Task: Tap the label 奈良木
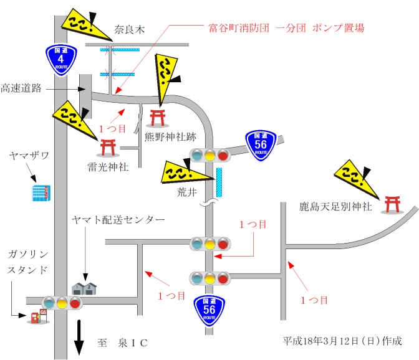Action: point(130,29)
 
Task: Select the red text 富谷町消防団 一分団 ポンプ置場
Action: point(286,28)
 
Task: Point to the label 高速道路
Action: point(21,88)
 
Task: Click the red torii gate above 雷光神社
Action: point(108,147)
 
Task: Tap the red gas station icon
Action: point(37,317)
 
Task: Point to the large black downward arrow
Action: point(79,337)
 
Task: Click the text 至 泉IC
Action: point(122,343)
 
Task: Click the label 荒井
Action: point(187,192)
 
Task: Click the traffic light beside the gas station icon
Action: point(62,303)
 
